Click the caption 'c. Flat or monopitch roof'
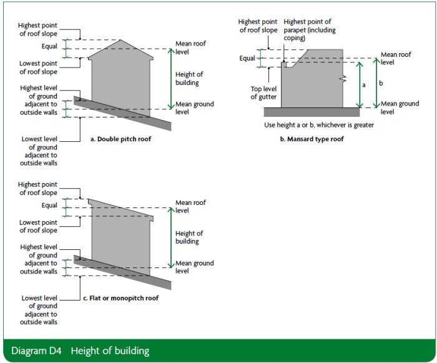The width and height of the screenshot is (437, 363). [x=120, y=299]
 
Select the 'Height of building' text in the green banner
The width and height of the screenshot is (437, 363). [x=110, y=351]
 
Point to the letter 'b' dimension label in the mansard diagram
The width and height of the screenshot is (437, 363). [x=381, y=82]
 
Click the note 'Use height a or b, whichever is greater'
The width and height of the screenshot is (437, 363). [x=310, y=125]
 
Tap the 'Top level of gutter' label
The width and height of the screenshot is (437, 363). [x=263, y=92]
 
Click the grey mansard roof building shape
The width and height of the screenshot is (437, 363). [x=312, y=81]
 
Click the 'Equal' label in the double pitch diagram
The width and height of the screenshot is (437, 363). [x=48, y=46]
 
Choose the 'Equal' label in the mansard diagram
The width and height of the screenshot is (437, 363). [x=247, y=59]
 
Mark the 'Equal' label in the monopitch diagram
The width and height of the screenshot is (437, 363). [x=48, y=205]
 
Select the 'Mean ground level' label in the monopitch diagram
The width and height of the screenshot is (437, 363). [x=194, y=267]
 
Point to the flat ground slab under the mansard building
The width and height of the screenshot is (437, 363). [x=312, y=112]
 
